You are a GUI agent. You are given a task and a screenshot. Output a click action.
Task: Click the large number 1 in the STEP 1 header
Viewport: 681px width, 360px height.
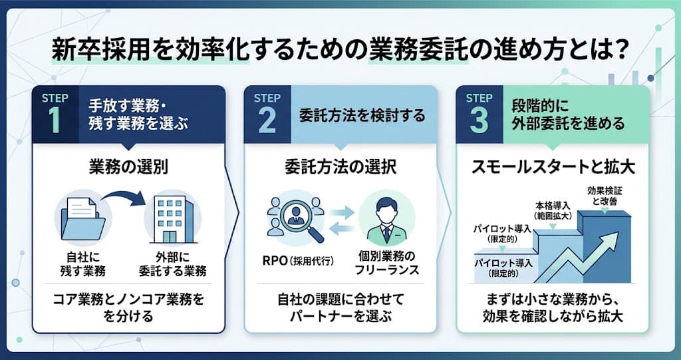coord(55,120)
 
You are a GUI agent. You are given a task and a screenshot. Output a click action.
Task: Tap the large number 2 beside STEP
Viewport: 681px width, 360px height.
coord(267,120)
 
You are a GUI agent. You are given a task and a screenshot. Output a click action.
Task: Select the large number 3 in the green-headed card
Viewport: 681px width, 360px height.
coord(479,120)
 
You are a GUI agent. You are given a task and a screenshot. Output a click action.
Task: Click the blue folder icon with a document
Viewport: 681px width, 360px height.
coord(82,219)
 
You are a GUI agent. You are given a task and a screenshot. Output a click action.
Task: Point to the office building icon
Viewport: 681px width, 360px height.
coord(170,220)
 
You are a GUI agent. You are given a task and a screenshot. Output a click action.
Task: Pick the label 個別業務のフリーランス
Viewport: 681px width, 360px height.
coord(387,262)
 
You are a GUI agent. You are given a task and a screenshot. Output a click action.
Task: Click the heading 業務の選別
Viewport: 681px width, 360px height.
coord(128,168)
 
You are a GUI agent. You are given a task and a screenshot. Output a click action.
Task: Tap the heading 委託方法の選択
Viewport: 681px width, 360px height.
coord(340,168)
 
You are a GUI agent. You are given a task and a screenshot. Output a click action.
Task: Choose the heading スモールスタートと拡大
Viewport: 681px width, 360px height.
coord(553,168)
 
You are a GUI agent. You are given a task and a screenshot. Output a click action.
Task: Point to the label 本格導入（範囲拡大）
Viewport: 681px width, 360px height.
coord(553,210)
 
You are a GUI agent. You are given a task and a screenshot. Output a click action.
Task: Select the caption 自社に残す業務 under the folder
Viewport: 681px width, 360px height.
coord(82,264)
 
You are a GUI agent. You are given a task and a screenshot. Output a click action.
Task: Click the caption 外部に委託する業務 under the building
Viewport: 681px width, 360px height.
coord(172,264)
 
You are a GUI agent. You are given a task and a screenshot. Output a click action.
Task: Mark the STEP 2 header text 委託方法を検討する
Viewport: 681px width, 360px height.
coord(362,116)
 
